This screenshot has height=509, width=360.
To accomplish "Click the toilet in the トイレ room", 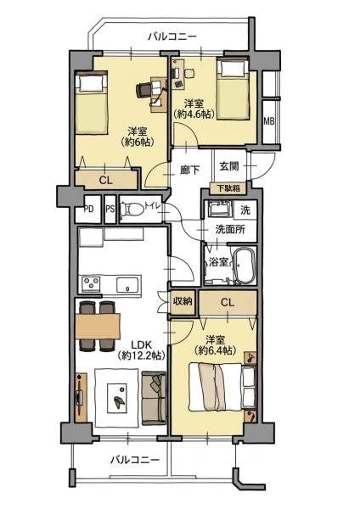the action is click(132, 209).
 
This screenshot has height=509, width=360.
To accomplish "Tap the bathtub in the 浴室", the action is click(243, 266).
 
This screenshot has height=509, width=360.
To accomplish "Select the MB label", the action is click(268, 121).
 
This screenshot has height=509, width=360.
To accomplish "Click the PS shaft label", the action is click(110, 209).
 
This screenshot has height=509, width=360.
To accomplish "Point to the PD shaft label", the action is click(88, 209).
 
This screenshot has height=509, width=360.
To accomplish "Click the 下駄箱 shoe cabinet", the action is click(228, 188).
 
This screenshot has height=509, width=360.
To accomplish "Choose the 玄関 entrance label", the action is click(229, 166).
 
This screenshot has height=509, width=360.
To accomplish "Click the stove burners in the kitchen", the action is click(91, 283).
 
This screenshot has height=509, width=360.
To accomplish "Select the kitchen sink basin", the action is click(129, 285).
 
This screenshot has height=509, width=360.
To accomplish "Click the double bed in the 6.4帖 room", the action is click(222, 388).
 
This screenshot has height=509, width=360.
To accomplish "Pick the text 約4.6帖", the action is click(194, 114).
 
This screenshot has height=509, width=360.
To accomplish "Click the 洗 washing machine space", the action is click(245, 210).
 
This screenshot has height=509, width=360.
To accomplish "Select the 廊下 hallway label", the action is click(189, 170).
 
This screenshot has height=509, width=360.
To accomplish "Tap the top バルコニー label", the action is click(172, 36).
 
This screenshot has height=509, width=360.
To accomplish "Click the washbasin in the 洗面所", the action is click(220, 209).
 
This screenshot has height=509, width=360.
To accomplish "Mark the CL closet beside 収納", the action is click(228, 303).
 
